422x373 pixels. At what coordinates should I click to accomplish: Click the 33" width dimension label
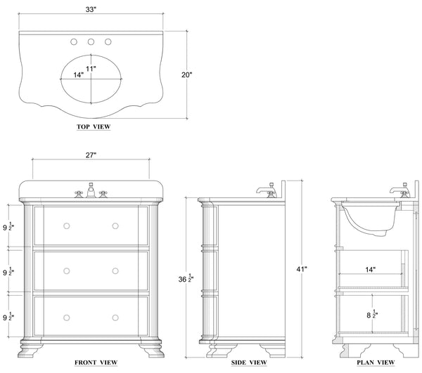point(91,9)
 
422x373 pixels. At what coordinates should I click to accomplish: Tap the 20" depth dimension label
point(187,74)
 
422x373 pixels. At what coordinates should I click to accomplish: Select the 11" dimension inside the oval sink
point(91,69)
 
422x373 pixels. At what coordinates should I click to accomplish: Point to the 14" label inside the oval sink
point(79,75)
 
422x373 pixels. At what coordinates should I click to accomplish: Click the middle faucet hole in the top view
point(91,42)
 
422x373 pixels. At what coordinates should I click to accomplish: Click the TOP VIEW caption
point(94,127)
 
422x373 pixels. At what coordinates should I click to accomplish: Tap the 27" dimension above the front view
point(91,155)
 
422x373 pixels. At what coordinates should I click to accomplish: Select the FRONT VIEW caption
point(96,362)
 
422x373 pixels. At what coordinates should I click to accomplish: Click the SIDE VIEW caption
point(249,362)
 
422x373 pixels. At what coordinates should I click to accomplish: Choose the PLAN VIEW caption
point(376,362)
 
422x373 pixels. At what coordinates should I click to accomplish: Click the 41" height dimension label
point(302,269)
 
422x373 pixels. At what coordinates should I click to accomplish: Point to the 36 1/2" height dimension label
point(186,278)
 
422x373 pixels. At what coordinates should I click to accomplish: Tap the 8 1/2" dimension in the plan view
point(372,314)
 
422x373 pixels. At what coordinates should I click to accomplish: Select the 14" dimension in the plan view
point(371,270)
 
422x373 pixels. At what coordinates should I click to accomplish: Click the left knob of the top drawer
point(67,226)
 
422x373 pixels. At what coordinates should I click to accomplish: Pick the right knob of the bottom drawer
point(115,318)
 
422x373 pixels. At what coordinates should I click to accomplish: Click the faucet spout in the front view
point(91,190)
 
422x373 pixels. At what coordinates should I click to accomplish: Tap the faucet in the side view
point(267,190)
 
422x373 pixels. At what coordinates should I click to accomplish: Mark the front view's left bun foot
point(30,348)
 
